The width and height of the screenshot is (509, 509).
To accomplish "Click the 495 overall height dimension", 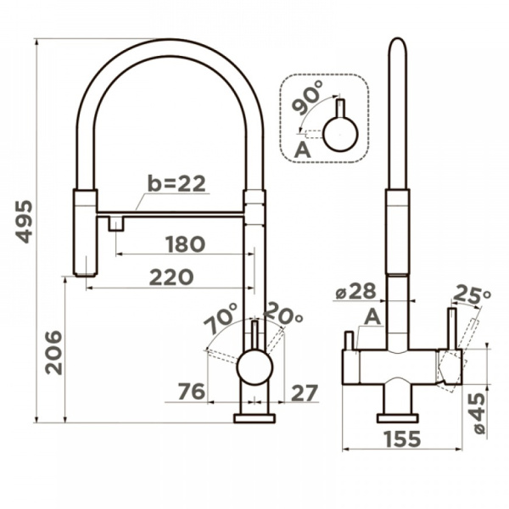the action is click(25, 221).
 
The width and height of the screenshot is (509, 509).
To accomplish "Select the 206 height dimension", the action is click(53, 353).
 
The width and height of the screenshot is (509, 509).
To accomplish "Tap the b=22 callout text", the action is click(176, 183).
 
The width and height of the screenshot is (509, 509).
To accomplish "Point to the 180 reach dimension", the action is click(185, 244).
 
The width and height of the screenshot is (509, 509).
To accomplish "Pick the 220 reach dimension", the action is click(171, 277).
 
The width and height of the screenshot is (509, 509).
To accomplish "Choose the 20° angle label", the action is click(282, 314).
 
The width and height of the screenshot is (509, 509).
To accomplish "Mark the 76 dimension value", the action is click(192, 391).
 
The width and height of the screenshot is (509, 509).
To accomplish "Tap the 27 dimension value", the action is click(304, 393).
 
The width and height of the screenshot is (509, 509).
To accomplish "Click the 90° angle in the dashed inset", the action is click(307, 98).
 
